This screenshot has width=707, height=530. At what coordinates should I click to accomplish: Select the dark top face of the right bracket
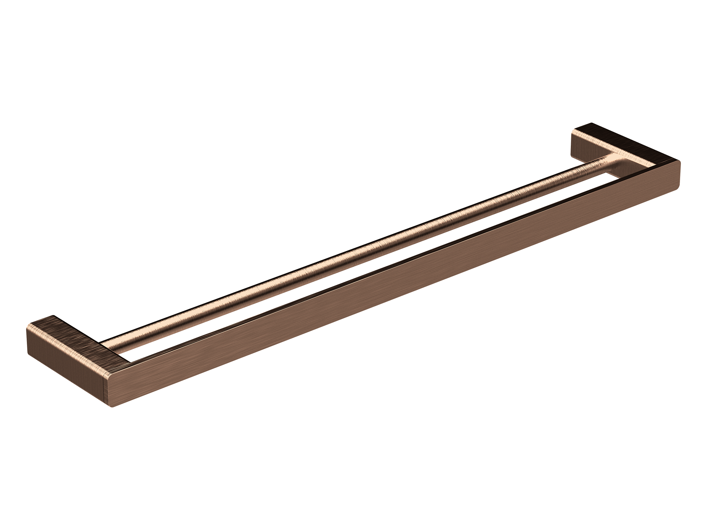[x=628, y=144]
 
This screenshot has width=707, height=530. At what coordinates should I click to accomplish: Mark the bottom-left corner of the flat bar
[x=113, y=407]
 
